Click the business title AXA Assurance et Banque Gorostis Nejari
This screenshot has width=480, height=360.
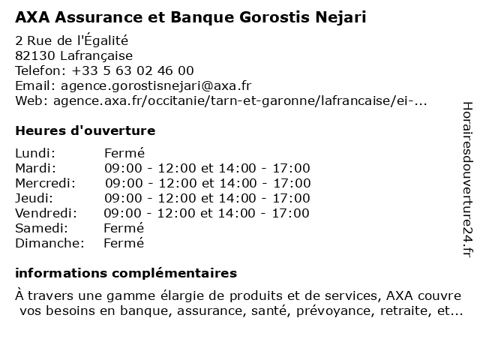(190, 16)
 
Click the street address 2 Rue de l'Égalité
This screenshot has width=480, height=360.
(72, 40)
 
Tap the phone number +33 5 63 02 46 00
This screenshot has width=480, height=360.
(133, 70)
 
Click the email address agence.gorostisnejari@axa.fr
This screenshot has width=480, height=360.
(156, 85)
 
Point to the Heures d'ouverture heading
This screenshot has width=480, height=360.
(85, 130)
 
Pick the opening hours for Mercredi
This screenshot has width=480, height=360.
(208, 183)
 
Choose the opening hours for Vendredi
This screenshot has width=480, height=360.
(206, 213)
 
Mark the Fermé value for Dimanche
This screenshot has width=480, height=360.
(124, 243)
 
